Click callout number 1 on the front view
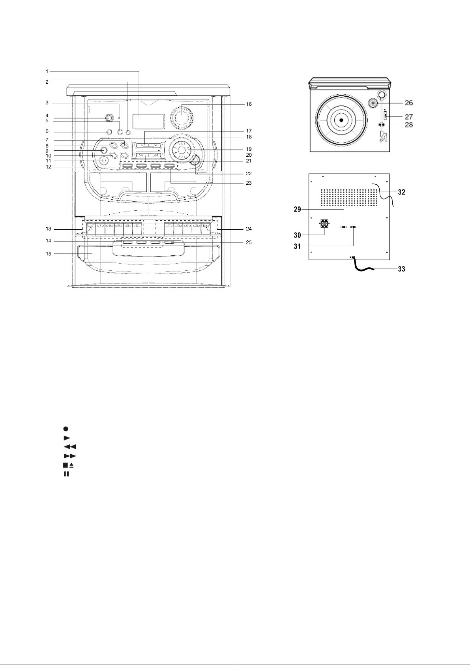[47, 71]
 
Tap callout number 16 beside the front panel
[249, 104]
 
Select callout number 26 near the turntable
[409, 103]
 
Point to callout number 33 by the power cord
[401, 269]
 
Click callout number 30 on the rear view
[297, 235]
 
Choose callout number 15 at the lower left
[48, 253]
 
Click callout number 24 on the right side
[249, 229]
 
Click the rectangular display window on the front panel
[148, 121]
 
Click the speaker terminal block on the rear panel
[324, 224]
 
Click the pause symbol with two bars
[66, 474]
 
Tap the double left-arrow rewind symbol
[69, 447]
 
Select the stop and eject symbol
[68, 465]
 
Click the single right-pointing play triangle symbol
[67, 438]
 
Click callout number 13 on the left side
[48, 229]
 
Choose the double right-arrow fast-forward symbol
[69, 456]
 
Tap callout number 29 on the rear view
[297, 209]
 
